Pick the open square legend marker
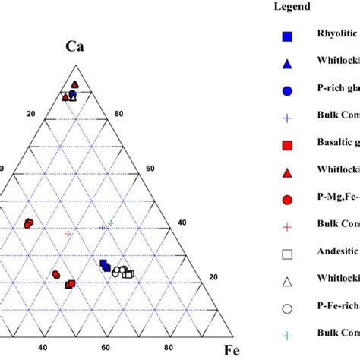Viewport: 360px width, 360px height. (287, 254)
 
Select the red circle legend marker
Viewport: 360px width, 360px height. (287, 199)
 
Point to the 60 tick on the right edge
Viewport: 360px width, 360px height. (150, 169)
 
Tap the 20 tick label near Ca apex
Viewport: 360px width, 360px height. (31, 114)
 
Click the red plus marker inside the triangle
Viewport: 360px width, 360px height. (69, 233)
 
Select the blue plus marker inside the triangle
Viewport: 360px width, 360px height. (103, 227)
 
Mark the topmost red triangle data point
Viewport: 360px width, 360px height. (74, 84)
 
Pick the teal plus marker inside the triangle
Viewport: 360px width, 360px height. (111, 223)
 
